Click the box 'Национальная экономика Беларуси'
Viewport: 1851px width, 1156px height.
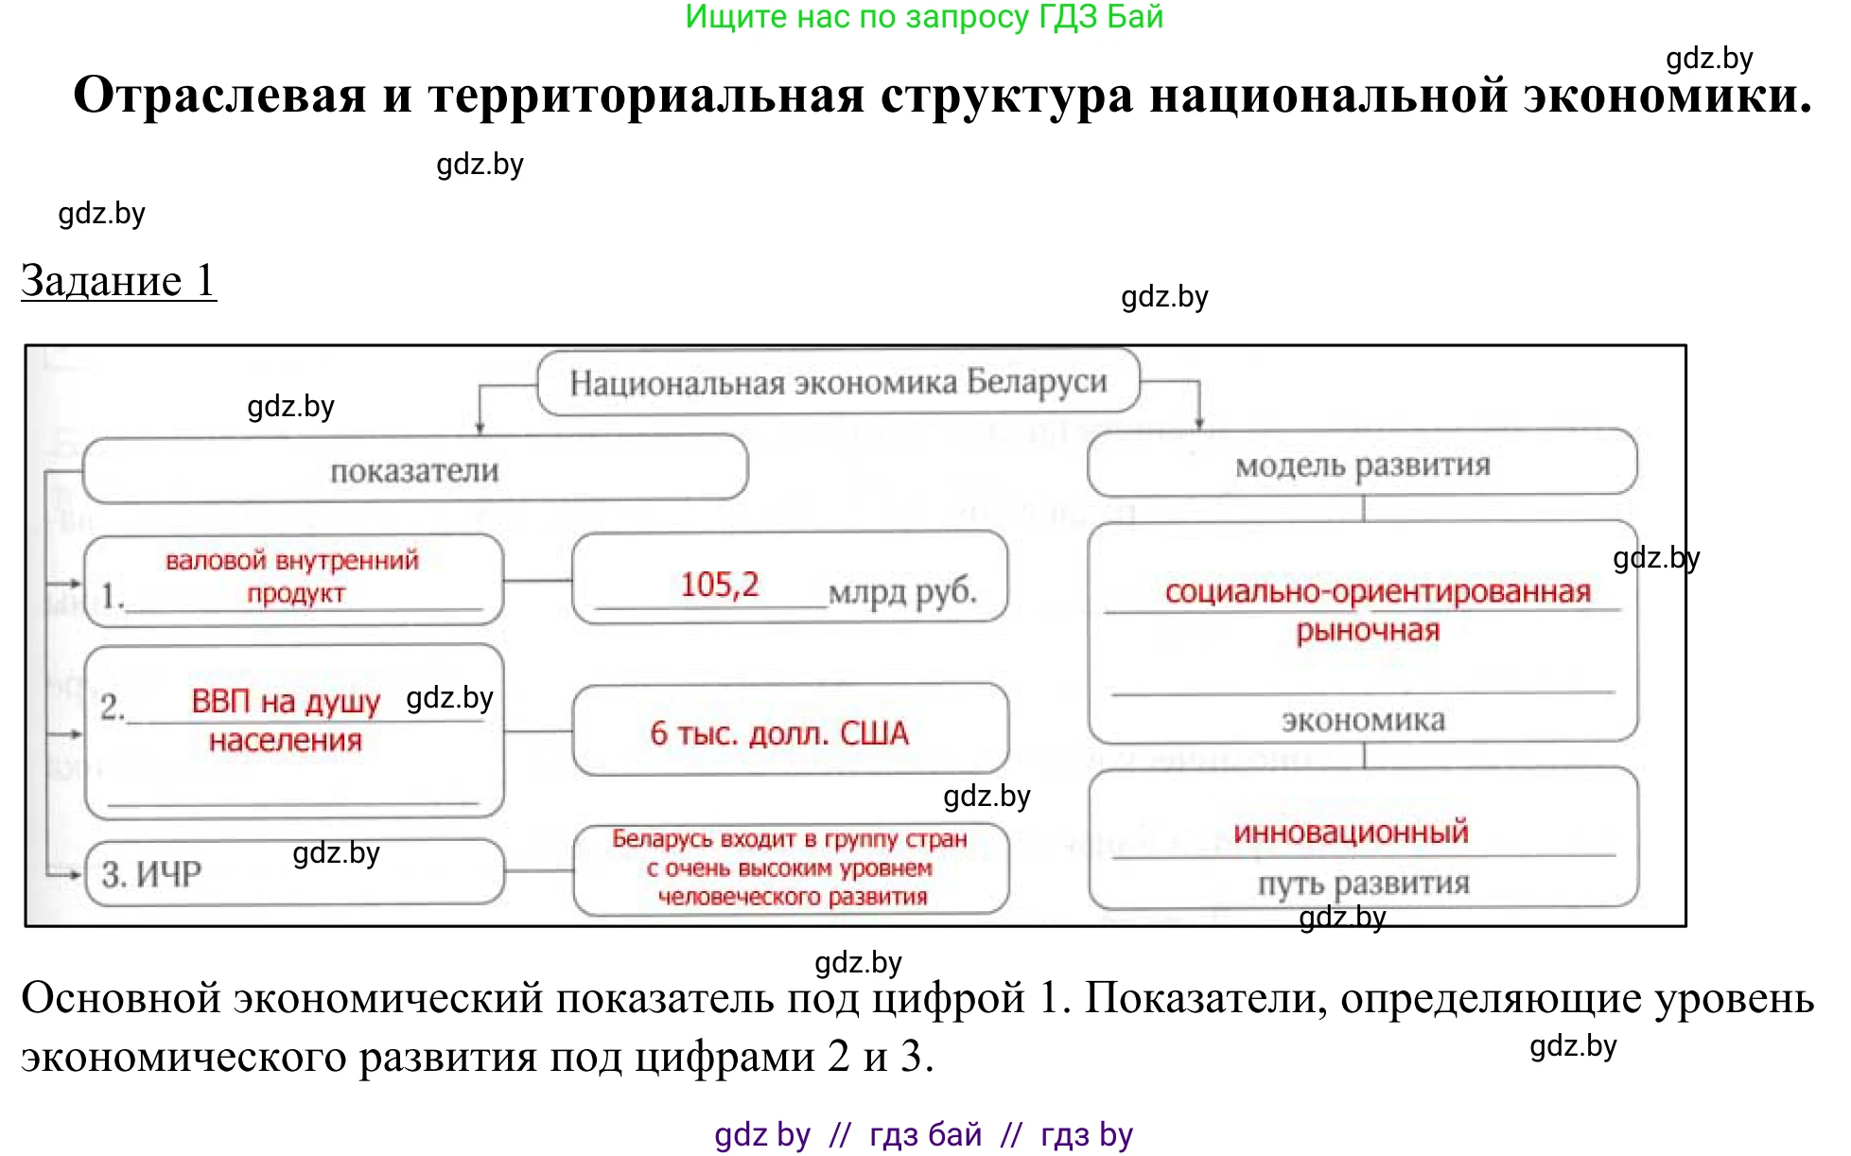pyautogui.click(x=838, y=382)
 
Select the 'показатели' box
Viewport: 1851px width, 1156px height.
pyautogui.click(x=414, y=470)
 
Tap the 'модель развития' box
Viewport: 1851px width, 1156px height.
pyautogui.click(x=1362, y=464)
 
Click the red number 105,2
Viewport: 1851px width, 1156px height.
pyautogui.click(x=719, y=585)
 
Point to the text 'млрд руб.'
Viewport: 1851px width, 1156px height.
pyautogui.click(x=902, y=591)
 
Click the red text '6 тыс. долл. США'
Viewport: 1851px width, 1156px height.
pyautogui.click(x=778, y=733)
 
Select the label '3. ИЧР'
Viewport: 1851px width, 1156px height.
pyautogui.click(x=151, y=874)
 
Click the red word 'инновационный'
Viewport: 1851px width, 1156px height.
pyautogui.click(x=1351, y=832)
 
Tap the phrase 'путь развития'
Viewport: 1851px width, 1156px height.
pyautogui.click(x=1363, y=884)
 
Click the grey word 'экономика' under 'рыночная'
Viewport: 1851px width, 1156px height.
pyautogui.click(x=1363, y=721)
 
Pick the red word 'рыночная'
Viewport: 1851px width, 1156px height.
pyautogui.click(x=1368, y=631)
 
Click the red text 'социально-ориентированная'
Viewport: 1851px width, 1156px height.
pyautogui.click(x=1377, y=592)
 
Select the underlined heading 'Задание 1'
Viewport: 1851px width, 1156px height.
pyautogui.click(x=119, y=281)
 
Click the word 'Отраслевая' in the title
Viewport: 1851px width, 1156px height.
pyautogui.click(x=219, y=96)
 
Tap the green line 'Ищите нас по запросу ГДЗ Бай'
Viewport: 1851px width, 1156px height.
pyautogui.click(x=924, y=17)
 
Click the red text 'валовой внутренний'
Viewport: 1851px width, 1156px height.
pyautogui.click(x=291, y=561)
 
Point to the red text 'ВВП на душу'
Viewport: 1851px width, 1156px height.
pyautogui.click(x=285, y=701)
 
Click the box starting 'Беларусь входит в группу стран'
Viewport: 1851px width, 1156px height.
pyautogui.click(x=791, y=868)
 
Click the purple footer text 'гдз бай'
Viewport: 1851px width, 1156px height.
pyautogui.click(x=925, y=1134)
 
